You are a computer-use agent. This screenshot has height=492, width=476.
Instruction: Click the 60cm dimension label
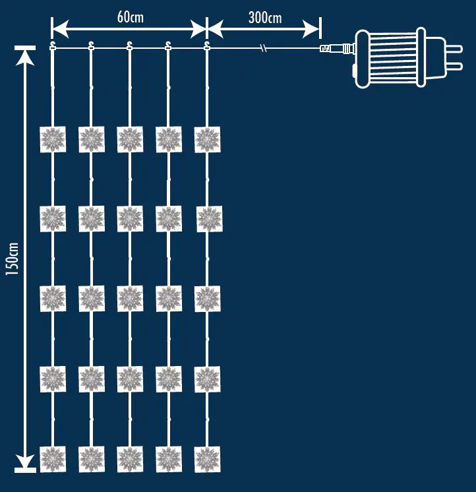[130, 18]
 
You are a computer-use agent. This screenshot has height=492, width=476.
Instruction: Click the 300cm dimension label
[264, 18]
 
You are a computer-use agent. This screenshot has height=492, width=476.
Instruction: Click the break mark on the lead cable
[264, 48]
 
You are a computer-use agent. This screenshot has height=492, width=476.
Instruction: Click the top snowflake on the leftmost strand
[53, 140]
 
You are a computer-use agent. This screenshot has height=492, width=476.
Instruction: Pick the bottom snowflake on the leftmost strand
[53, 459]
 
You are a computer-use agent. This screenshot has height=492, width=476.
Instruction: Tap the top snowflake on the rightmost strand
[207, 140]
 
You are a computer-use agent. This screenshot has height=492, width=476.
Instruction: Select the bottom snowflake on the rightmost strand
[207, 459]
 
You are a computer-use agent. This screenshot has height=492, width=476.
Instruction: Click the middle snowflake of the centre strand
[130, 299]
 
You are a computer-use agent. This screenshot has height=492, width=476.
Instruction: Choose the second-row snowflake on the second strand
[92, 219]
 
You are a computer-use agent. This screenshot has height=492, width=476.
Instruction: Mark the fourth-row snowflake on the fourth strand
[169, 379]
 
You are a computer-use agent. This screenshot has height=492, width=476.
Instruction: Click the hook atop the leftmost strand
[53, 46]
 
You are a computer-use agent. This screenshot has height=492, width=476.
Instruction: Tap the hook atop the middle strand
[130, 46]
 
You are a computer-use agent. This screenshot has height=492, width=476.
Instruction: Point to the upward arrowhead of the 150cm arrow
[25, 56]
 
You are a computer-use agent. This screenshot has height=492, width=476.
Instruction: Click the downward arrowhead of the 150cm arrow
[25, 461]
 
